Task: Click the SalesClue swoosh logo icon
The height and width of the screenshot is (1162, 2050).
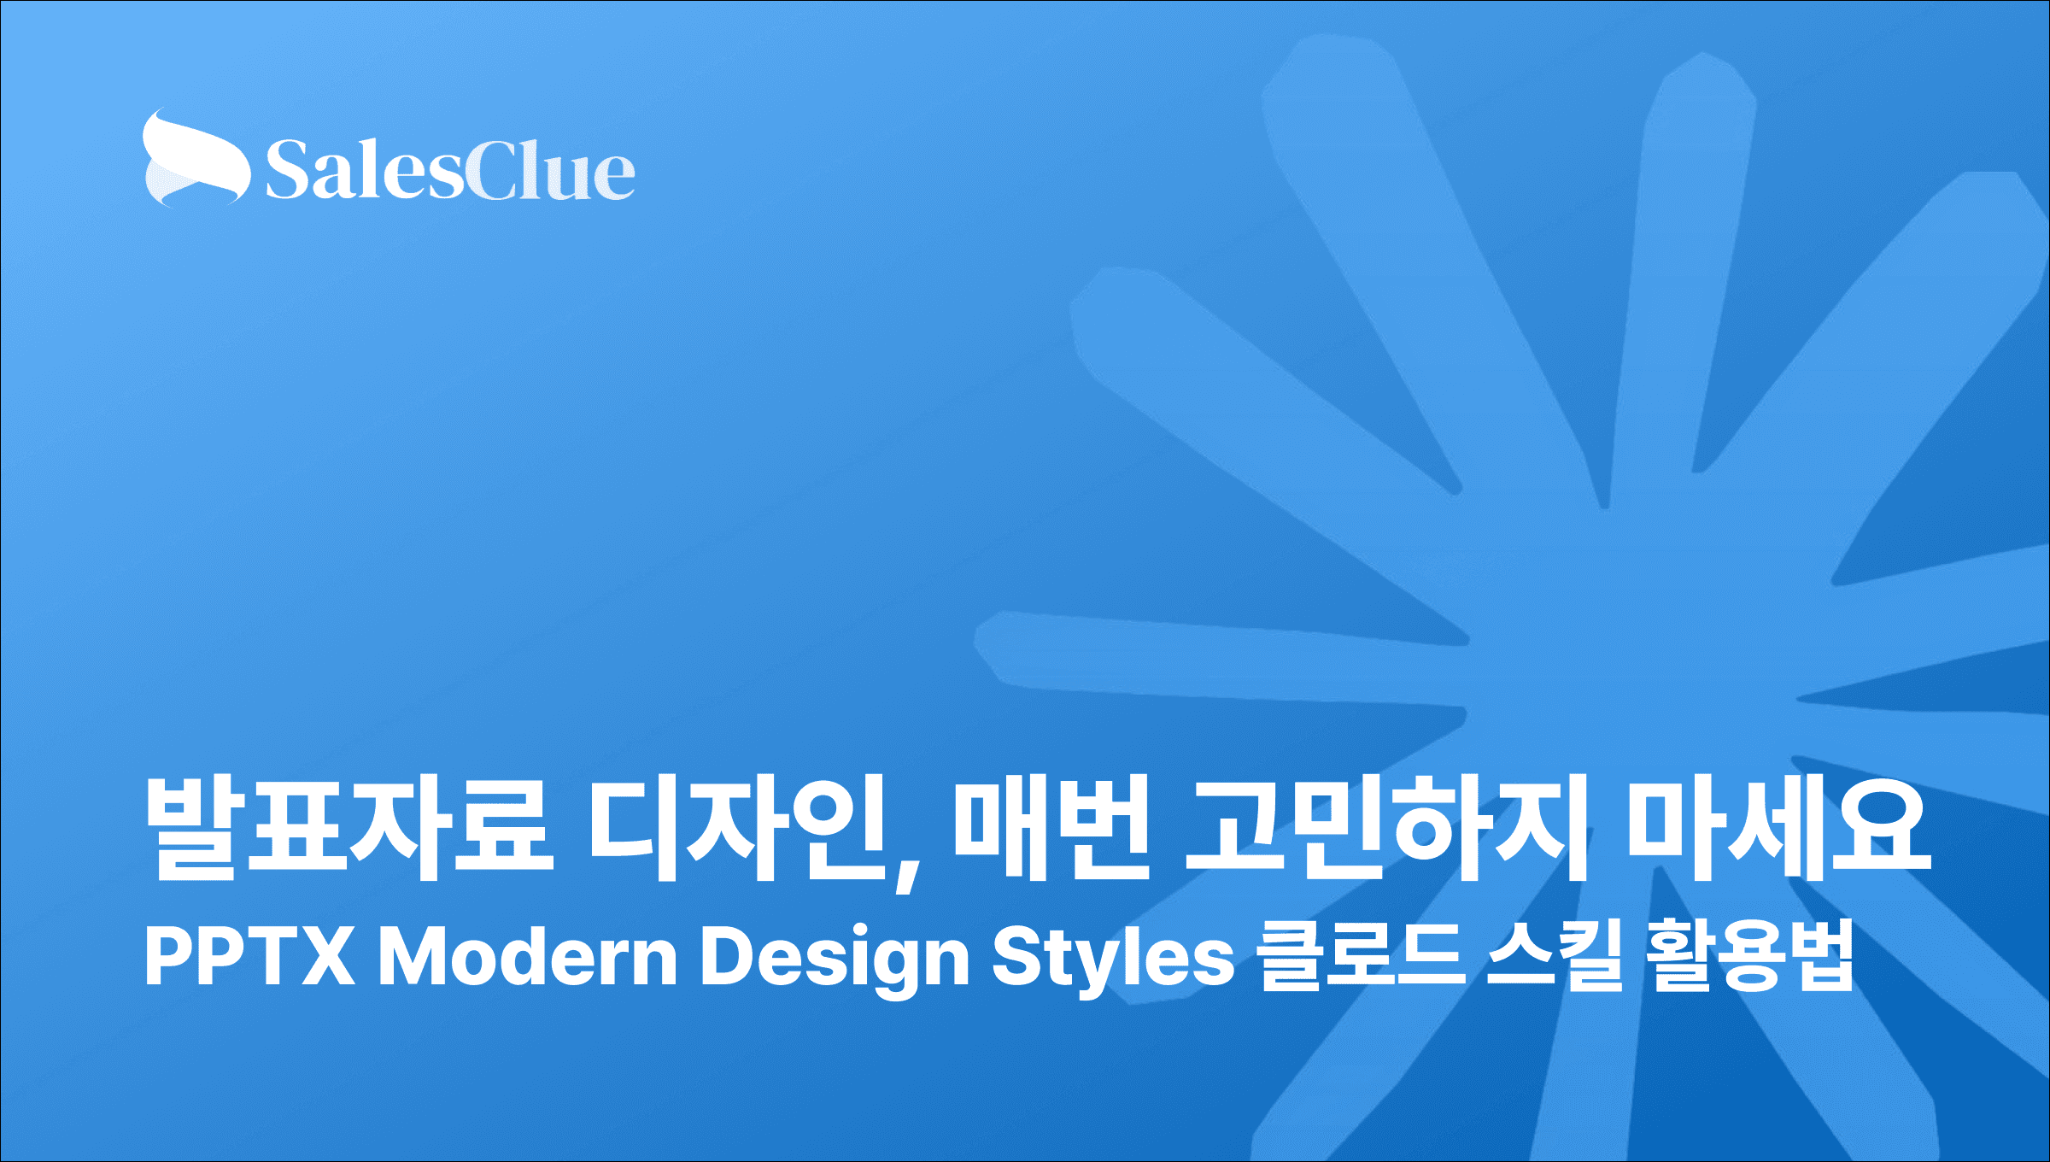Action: (x=196, y=159)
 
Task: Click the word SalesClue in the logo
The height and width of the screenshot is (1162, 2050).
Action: (x=450, y=170)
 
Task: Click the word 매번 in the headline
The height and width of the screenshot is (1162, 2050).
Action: (x=1051, y=828)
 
